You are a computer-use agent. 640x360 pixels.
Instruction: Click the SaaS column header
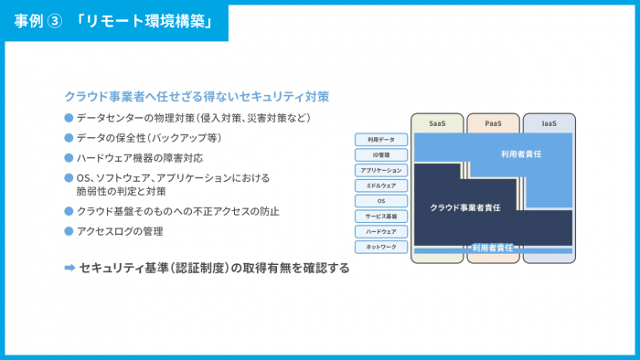tap(436, 122)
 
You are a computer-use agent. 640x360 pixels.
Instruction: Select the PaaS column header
tap(493, 122)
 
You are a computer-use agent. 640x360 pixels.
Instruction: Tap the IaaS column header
tap(549, 122)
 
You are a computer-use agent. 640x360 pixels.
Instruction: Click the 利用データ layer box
tap(381, 140)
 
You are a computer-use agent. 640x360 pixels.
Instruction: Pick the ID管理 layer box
tap(381, 155)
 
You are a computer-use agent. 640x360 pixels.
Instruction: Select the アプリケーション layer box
tap(381, 171)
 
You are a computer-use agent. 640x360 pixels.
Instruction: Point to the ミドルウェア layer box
tap(381, 185)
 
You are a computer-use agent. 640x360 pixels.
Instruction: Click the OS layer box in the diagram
tap(381, 201)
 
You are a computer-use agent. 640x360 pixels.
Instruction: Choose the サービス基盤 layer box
tap(381, 217)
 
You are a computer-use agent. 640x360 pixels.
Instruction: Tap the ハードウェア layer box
tap(381, 232)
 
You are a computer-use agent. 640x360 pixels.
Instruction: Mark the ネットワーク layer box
tap(381, 247)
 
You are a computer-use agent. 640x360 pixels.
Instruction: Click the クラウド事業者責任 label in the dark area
tap(465, 208)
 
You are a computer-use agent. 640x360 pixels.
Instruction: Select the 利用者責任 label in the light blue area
tap(521, 155)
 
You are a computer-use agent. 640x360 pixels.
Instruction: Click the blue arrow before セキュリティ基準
tap(69, 269)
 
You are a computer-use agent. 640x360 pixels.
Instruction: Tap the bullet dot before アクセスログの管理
tap(68, 231)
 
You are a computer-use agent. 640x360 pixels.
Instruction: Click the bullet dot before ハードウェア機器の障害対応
tap(68, 157)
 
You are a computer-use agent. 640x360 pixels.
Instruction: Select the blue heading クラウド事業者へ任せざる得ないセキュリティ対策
tap(197, 96)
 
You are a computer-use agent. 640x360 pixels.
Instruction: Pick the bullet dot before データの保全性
tap(68, 138)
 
